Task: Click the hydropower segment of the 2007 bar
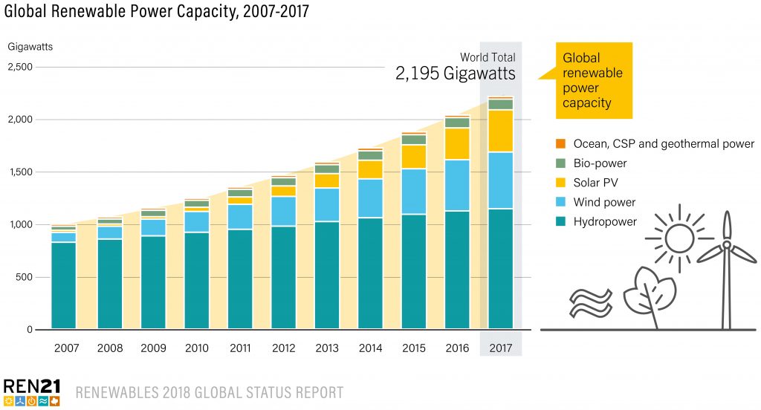pos(64,285)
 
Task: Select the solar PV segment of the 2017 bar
pos(502,131)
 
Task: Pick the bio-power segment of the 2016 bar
pos(457,123)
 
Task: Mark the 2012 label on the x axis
pos(283,348)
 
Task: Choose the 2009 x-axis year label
pos(152,348)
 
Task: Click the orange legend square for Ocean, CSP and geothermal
pos(560,143)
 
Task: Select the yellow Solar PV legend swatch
pos(560,183)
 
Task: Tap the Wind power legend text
pos(604,202)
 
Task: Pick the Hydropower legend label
pos(605,221)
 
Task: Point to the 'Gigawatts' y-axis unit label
pos(30,47)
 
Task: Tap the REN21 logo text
pos(31,385)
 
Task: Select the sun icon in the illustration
pos(678,239)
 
